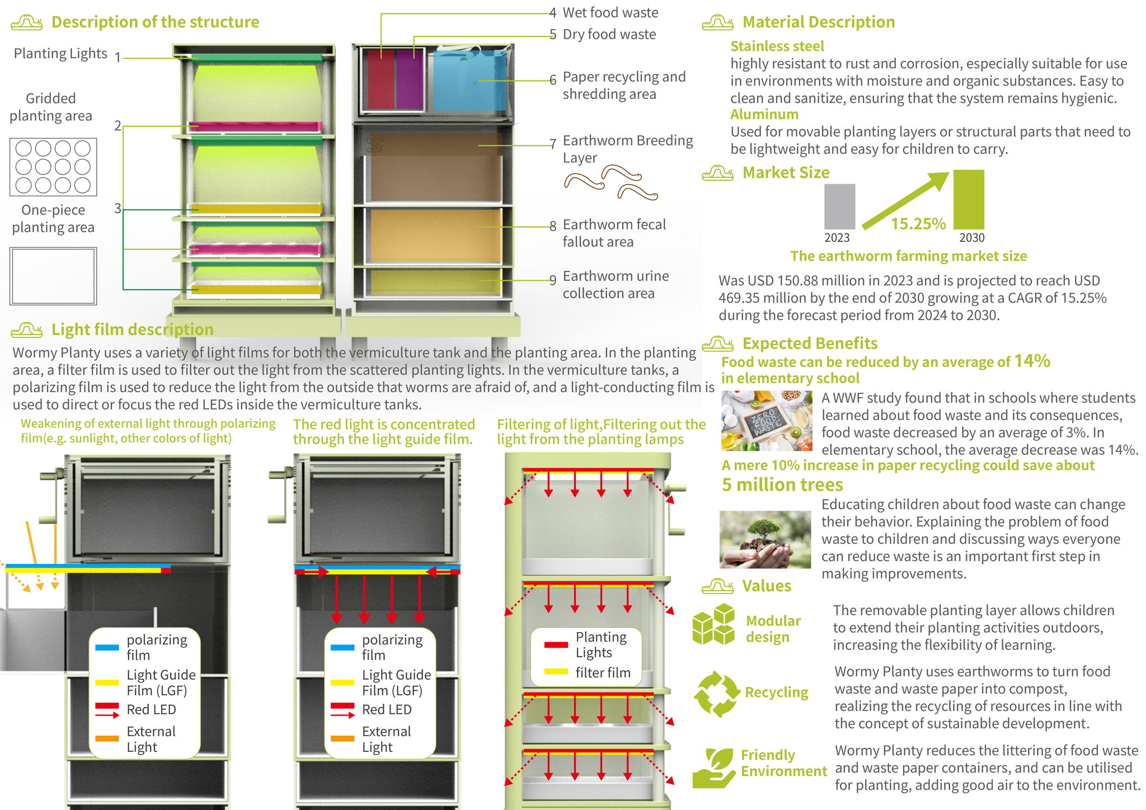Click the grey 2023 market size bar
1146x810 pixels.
(x=839, y=206)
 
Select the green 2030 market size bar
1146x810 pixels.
(x=969, y=199)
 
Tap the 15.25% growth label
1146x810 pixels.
(x=918, y=224)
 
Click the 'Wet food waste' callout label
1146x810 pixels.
(x=610, y=12)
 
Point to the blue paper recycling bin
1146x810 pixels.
(x=469, y=80)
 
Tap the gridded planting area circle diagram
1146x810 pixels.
(x=53, y=167)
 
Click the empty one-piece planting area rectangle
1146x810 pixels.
(x=53, y=276)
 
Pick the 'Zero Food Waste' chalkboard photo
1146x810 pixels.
(x=766, y=421)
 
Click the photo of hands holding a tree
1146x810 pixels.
(x=765, y=539)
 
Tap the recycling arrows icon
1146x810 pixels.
(x=717, y=694)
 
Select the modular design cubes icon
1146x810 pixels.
(x=713, y=624)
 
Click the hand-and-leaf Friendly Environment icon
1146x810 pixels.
(x=713, y=767)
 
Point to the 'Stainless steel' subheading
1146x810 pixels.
(x=777, y=46)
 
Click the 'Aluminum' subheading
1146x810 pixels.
(x=764, y=114)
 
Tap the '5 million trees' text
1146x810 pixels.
(x=782, y=484)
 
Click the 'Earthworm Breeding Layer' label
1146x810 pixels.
(x=627, y=148)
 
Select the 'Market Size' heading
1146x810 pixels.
(x=786, y=172)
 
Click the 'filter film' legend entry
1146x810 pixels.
(x=603, y=672)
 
